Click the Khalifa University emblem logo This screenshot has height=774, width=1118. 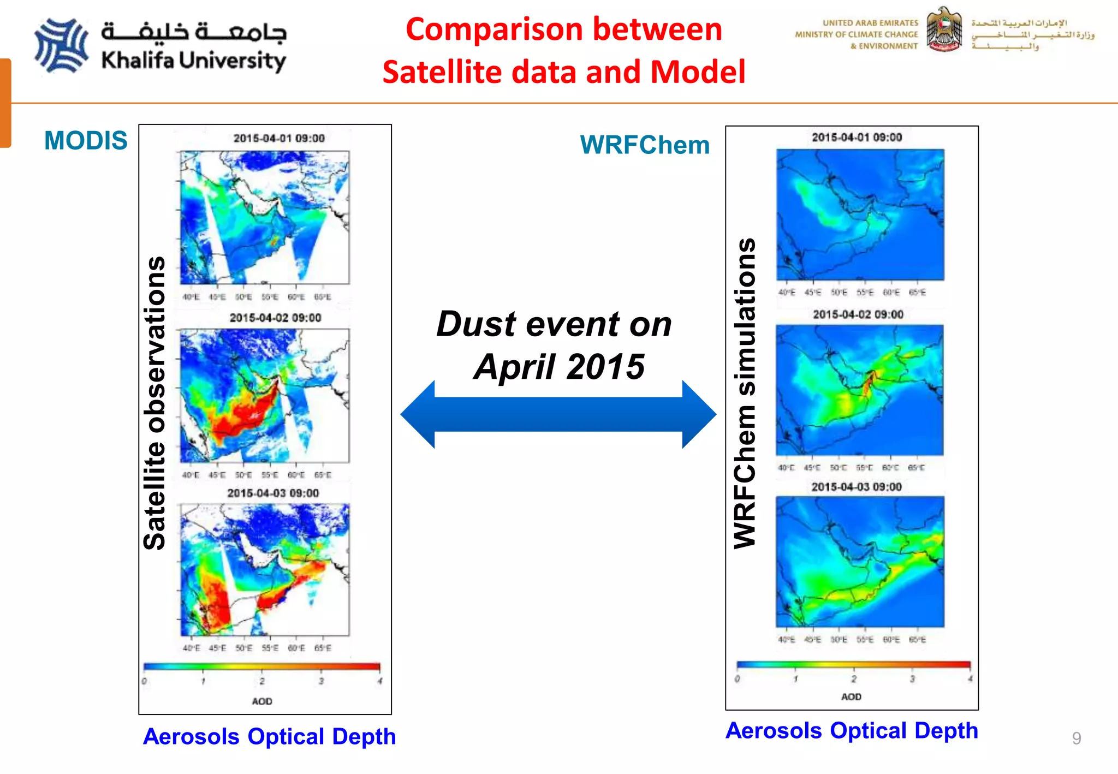coord(61,46)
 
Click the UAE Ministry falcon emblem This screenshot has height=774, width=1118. coord(944,29)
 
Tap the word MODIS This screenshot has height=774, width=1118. coord(86,141)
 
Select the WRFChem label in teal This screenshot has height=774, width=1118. coord(645,145)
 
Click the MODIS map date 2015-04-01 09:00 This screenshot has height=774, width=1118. coord(279,139)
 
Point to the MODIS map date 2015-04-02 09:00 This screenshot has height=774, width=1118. coord(275,318)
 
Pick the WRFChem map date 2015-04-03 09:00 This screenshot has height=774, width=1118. coord(856,487)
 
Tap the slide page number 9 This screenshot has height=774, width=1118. coord(1076,738)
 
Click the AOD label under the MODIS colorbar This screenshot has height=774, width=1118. coord(262,701)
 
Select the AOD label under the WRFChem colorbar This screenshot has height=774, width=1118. coord(851,697)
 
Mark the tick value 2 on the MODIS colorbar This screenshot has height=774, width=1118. coord(262,681)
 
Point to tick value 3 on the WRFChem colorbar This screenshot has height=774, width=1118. coord(912,679)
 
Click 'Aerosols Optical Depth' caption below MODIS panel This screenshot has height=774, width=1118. coord(269,736)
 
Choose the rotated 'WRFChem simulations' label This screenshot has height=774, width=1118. coord(745,393)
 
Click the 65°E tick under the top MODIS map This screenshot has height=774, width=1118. coord(323,297)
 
